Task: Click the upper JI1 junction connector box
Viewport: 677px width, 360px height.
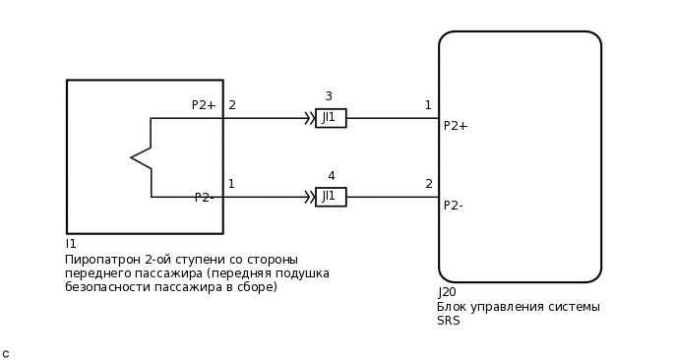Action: (x=331, y=118)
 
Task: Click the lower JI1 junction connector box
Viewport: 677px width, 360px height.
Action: (x=331, y=197)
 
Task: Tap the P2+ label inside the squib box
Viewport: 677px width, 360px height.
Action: (x=204, y=105)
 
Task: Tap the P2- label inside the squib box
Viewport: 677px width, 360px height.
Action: (x=204, y=198)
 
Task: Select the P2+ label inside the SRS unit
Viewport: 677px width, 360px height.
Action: (x=456, y=126)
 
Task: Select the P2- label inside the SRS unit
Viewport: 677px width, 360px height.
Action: (x=454, y=206)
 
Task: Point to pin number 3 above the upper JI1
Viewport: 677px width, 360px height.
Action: (x=329, y=96)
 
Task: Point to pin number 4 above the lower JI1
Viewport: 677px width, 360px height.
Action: (x=331, y=176)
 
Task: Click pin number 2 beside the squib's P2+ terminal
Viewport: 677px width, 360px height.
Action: (x=232, y=105)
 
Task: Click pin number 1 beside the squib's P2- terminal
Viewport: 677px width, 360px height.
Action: (x=231, y=184)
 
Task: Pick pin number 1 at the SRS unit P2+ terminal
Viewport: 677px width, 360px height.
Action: (x=428, y=105)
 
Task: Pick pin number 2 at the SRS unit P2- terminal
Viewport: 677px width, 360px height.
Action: (x=429, y=184)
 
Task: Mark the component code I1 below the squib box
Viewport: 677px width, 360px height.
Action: (x=71, y=244)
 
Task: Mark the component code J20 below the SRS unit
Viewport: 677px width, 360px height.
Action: (x=447, y=292)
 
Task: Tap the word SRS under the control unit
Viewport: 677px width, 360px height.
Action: (x=449, y=321)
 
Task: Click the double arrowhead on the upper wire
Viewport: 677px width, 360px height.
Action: (x=309, y=118)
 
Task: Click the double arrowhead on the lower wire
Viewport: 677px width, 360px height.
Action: (x=309, y=197)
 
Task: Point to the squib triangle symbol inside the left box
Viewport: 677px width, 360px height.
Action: (x=142, y=157)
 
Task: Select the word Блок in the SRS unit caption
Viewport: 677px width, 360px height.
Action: (x=453, y=307)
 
